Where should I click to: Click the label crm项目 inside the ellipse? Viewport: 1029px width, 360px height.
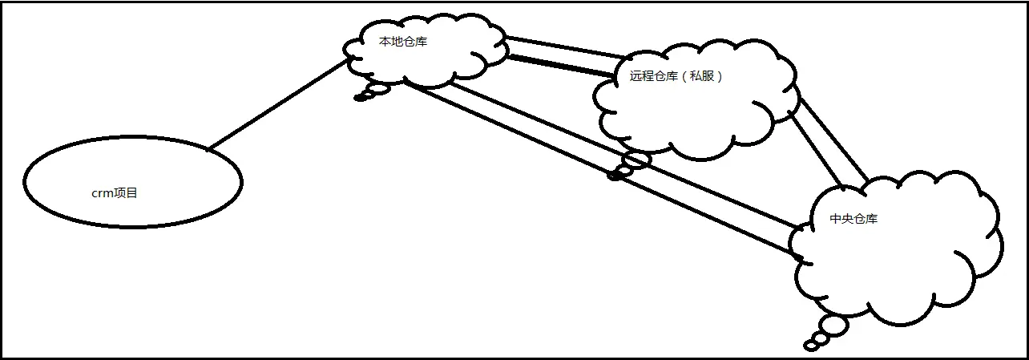[x=115, y=193]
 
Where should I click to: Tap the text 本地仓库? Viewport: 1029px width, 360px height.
[x=402, y=42]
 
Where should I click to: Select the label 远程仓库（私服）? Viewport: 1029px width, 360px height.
[x=676, y=77]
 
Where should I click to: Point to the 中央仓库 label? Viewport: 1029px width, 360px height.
[x=853, y=218]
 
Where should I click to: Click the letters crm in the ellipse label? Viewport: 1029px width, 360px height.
[x=102, y=194]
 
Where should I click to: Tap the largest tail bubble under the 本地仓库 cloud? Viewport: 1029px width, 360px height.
[x=377, y=88]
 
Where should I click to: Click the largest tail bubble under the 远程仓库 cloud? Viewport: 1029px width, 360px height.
[x=637, y=160]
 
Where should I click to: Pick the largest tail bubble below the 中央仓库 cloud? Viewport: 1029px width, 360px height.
[x=833, y=326]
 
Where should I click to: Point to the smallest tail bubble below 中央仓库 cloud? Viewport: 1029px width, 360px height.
[x=810, y=346]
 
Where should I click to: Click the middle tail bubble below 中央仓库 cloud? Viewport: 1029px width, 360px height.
[x=820, y=338]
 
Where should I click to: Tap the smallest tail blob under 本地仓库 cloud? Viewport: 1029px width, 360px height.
[x=360, y=99]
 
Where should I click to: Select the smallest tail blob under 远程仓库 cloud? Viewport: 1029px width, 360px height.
[x=615, y=176]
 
